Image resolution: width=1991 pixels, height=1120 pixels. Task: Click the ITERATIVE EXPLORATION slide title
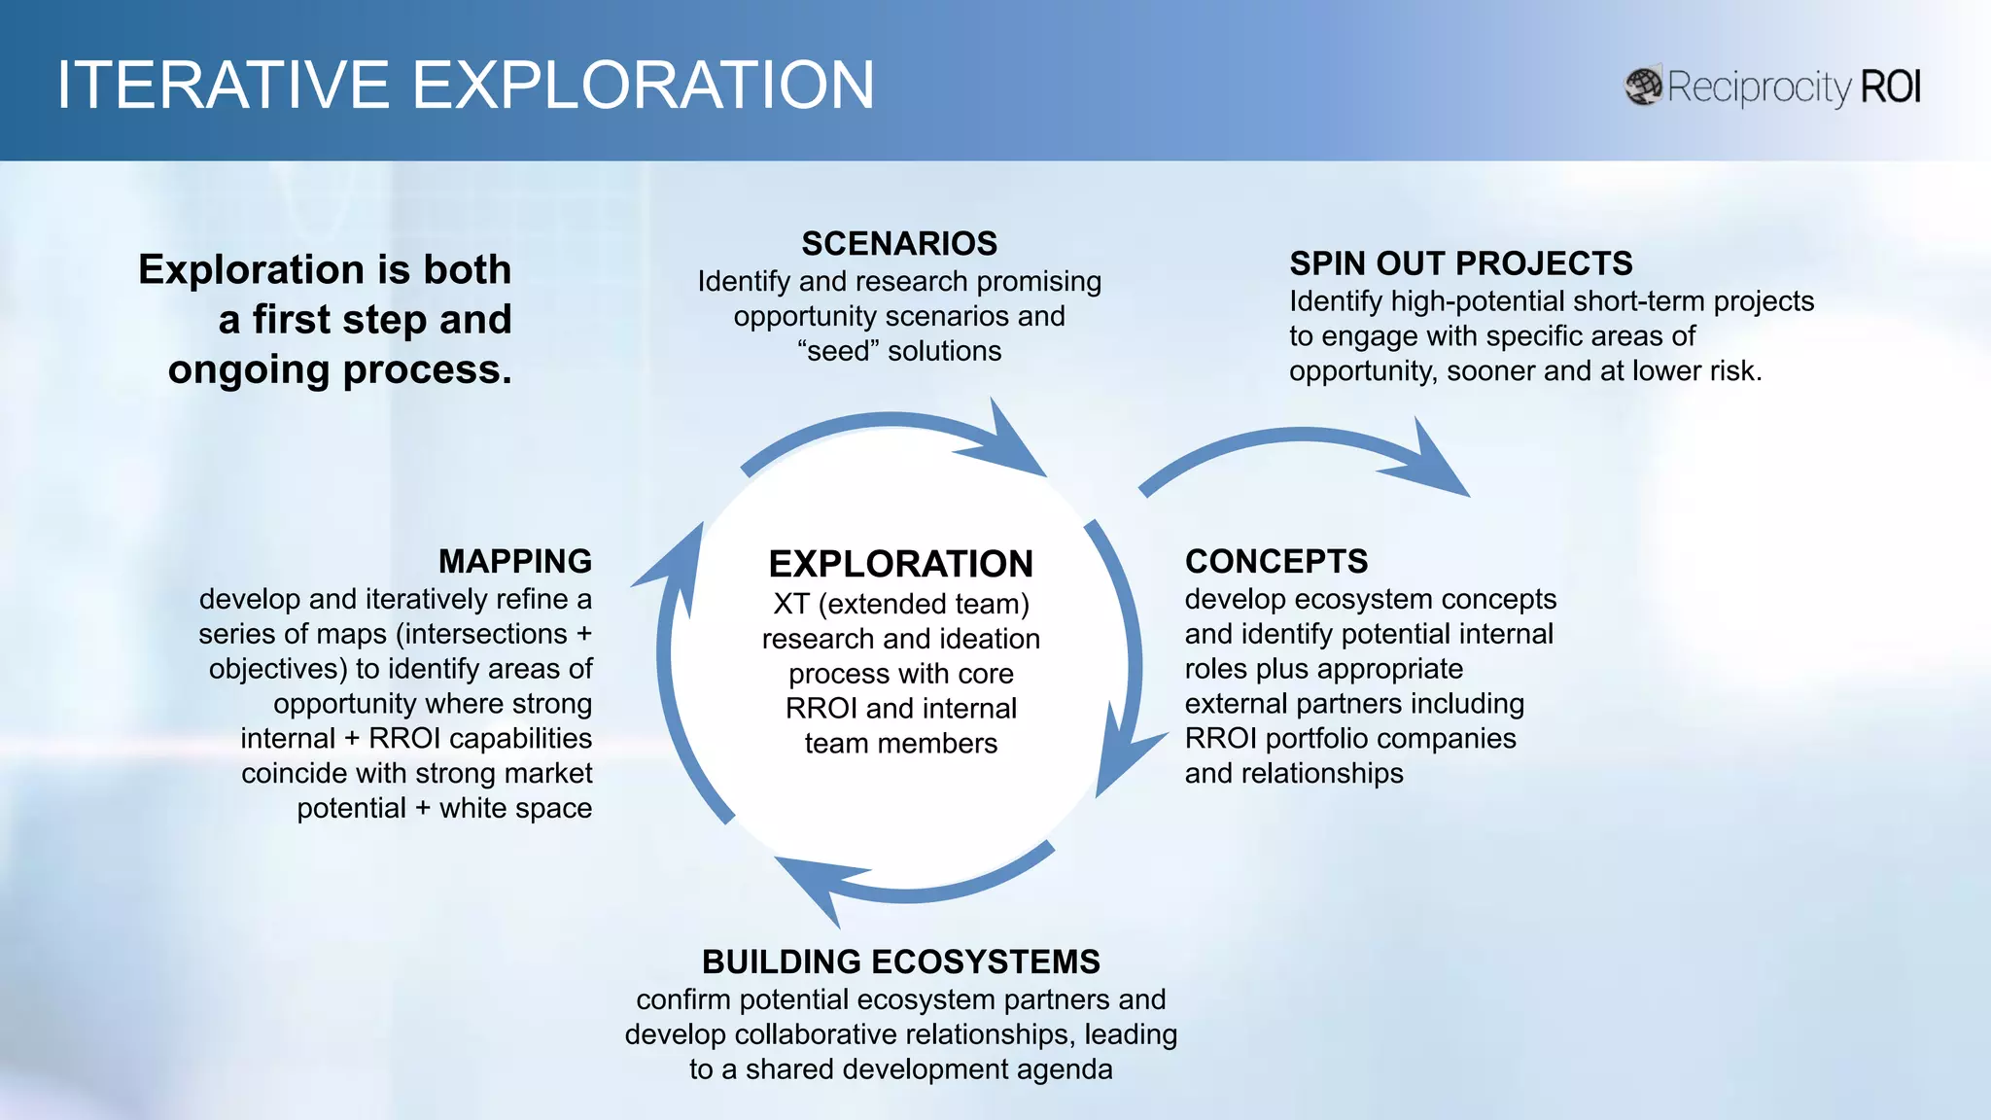(465, 85)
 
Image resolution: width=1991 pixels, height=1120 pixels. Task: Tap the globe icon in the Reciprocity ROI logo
(1643, 87)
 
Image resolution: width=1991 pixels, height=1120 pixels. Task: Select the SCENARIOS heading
(899, 243)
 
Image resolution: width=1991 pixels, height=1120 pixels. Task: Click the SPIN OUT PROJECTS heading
(1460, 263)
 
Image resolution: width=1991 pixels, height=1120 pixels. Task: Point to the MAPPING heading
(514, 561)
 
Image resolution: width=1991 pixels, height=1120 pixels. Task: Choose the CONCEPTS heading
(1275, 561)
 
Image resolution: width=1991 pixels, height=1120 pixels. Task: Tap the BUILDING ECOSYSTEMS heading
(900, 962)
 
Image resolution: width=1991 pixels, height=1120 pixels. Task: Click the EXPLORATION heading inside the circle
(900, 564)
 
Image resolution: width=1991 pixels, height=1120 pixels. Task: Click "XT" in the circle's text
(791, 604)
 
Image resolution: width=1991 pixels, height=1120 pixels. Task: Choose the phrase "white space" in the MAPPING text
(515, 808)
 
